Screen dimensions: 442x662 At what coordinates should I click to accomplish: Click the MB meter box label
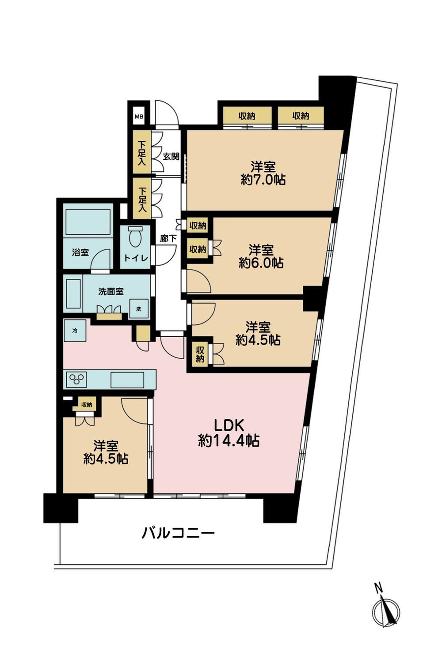pyautogui.click(x=139, y=117)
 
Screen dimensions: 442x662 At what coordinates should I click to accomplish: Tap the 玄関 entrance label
pyautogui.click(x=171, y=156)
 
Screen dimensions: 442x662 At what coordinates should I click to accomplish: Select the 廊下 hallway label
pyautogui.click(x=168, y=239)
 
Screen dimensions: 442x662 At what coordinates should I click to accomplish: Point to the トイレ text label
pyautogui.click(x=136, y=258)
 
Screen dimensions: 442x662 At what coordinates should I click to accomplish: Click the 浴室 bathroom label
pyautogui.click(x=80, y=252)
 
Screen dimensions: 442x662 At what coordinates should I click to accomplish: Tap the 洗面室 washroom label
pyautogui.click(x=111, y=292)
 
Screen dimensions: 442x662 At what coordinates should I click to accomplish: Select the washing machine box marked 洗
pyautogui.click(x=139, y=309)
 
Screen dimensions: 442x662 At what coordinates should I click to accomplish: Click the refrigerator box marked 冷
pyautogui.click(x=75, y=331)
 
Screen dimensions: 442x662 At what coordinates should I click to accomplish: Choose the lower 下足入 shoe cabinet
pyautogui.click(x=141, y=199)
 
